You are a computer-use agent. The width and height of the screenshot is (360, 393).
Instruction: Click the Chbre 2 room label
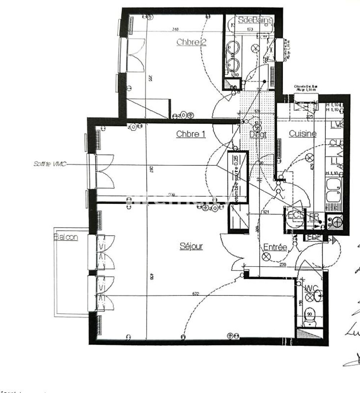pyautogui.click(x=191, y=42)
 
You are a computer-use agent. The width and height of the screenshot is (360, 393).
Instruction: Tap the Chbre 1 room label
pyautogui.click(x=190, y=134)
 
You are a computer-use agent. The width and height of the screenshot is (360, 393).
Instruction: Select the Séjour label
pyautogui.click(x=191, y=246)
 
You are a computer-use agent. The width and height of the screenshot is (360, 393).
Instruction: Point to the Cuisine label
pyautogui.click(x=302, y=134)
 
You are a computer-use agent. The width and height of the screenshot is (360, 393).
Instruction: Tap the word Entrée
pyautogui.click(x=275, y=247)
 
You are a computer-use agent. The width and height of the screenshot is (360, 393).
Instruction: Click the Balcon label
pyautogui.click(x=66, y=237)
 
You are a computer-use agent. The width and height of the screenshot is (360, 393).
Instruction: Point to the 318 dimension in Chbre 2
pyautogui.click(x=175, y=30)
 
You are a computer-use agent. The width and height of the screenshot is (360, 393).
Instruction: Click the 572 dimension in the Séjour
pyautogui.click(x=195, y=294)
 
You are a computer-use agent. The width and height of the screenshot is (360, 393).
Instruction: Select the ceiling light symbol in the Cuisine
pyautogui.click(x=310, y=158)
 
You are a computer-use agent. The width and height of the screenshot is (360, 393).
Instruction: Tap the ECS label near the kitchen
pyautogui.click(x=295, y=215)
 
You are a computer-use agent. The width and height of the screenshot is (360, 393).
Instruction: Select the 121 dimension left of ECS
pyautogui.click(x=266, y=213)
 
